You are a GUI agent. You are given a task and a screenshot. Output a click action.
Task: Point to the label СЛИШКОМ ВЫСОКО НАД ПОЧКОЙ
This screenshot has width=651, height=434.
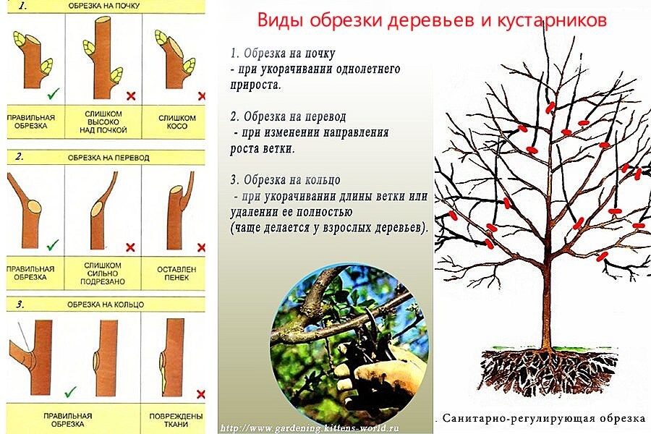click(103, 122)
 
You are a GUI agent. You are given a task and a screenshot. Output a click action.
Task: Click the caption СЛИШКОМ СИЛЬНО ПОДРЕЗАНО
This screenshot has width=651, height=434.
click(103, 273)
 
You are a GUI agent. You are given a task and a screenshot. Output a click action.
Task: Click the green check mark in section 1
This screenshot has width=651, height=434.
click(52, 94)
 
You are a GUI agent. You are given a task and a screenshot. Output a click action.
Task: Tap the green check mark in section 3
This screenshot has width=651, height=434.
click(70, 391)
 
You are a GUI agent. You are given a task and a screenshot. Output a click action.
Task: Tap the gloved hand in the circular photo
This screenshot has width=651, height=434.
click(376, 376)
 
